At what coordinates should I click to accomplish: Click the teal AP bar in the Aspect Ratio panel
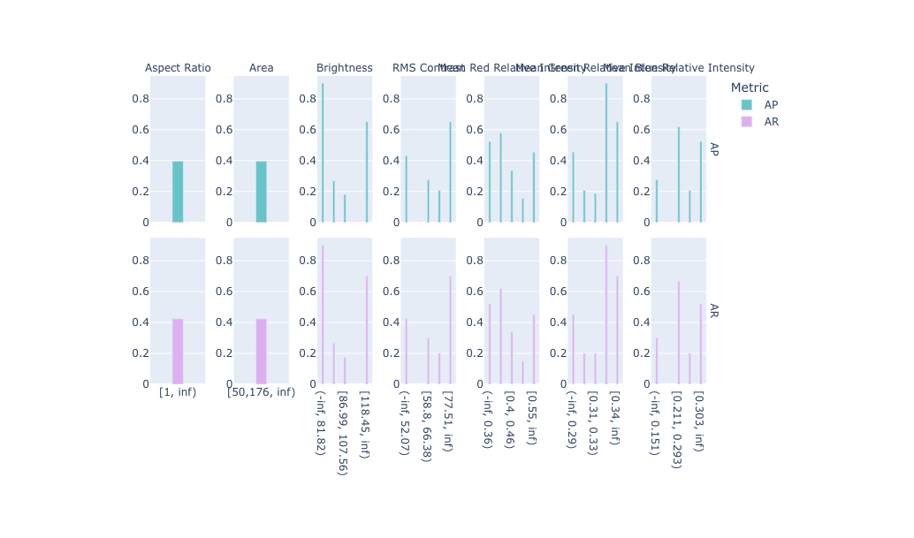tap(178, 192)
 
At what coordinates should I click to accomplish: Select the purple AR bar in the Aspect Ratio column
tap(178, 352)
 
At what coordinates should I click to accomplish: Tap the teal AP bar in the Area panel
tap(261, 192)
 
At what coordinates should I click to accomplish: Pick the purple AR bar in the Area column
tap(261, 352)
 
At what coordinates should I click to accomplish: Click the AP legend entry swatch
tap(747, 104)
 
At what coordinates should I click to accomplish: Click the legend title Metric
tap(750, 87)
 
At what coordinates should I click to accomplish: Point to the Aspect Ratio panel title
tap(178, 68)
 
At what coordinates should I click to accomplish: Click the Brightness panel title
tap(344, 68)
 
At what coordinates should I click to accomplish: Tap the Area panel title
tap(261, 68)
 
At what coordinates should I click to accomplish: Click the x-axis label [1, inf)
tap(178, 392)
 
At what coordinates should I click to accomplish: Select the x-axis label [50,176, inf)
tap(261, 392)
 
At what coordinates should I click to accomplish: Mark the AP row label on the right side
tap(713, 149)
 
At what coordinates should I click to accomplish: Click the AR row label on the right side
tap(713, 311)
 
